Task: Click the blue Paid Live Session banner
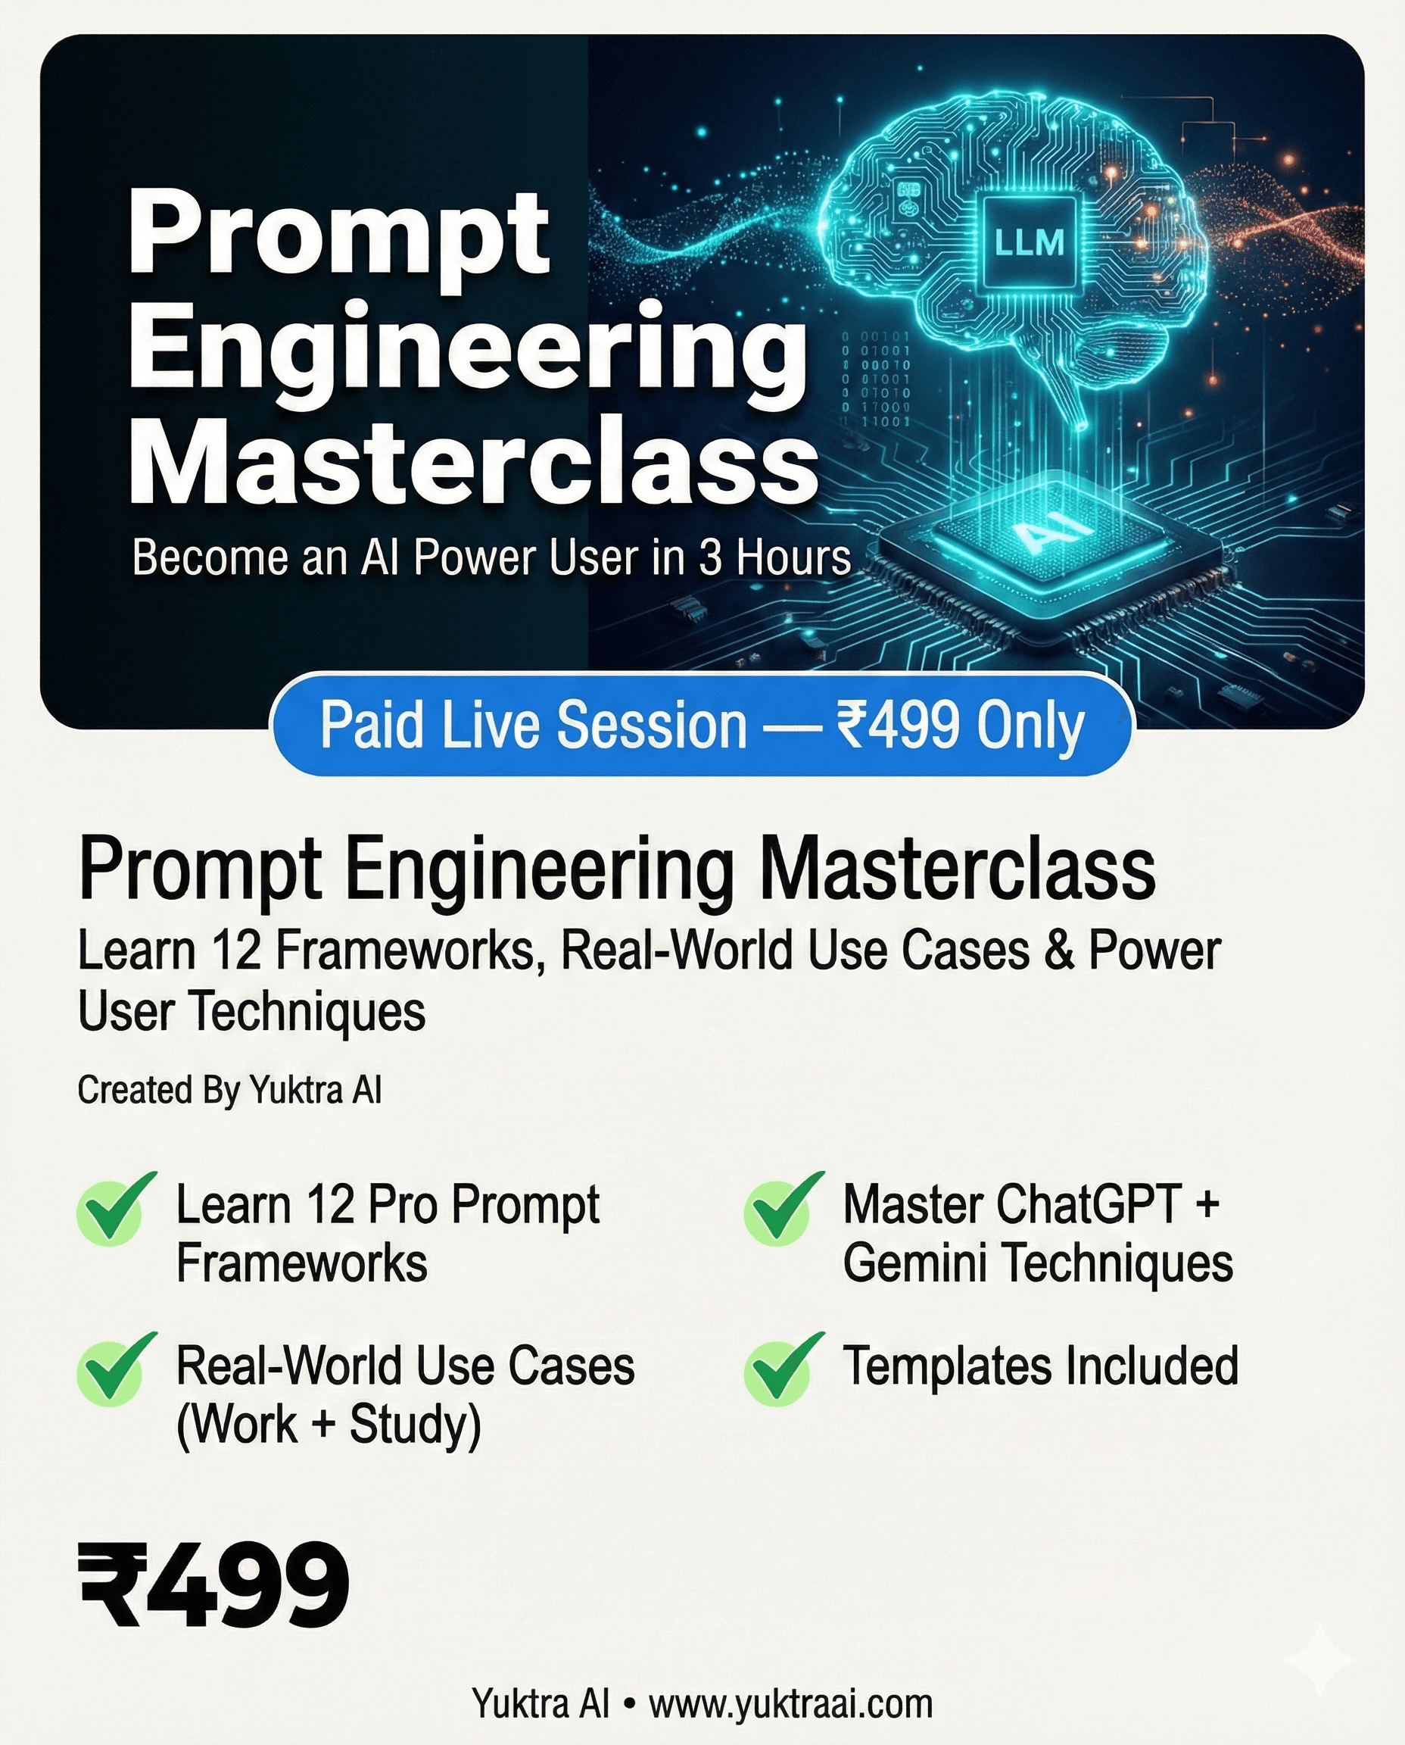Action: [701, 725]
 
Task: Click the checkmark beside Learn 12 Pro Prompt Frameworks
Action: [114, 1209]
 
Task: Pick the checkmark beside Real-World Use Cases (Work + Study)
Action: [114, 1369]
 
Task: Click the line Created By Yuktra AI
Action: [229, 1090]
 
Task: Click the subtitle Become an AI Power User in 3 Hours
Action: [491, 558]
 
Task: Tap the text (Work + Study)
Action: [329, 1425]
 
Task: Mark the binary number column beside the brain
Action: [876, 378]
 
